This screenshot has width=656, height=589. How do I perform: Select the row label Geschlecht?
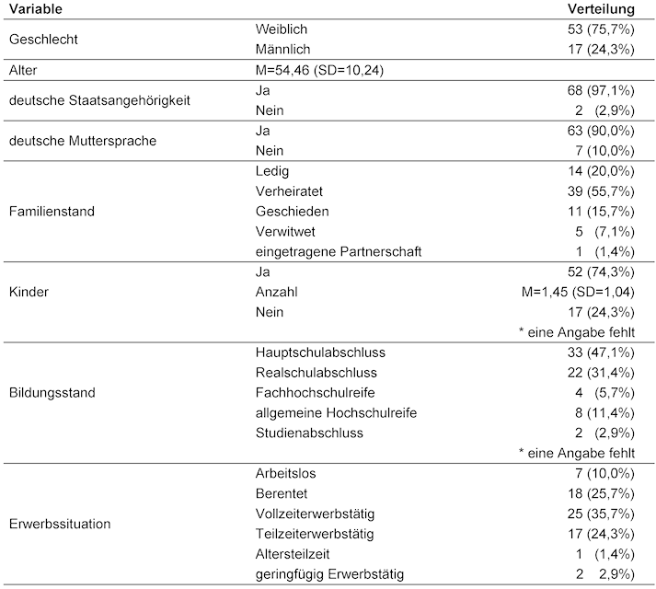tap(42, 39)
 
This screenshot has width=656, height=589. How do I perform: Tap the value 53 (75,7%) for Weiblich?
tap(602, 29)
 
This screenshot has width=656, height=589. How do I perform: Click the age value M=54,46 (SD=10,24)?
tap(316, 69)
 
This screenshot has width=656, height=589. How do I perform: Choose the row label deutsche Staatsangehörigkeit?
tap(98, 99)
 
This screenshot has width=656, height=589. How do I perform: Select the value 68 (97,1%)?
tap(602, 90)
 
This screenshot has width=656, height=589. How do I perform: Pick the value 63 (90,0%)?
tap(602, 131)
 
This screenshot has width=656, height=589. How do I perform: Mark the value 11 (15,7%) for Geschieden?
tap(602, 212)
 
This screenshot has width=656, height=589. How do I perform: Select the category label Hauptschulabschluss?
tap(319, 352)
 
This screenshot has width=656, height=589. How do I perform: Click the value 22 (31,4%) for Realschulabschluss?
tap(602, 373)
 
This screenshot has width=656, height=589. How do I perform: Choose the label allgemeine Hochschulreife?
tap(336, 413)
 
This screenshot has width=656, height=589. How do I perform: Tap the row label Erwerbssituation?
tap(61, 525)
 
